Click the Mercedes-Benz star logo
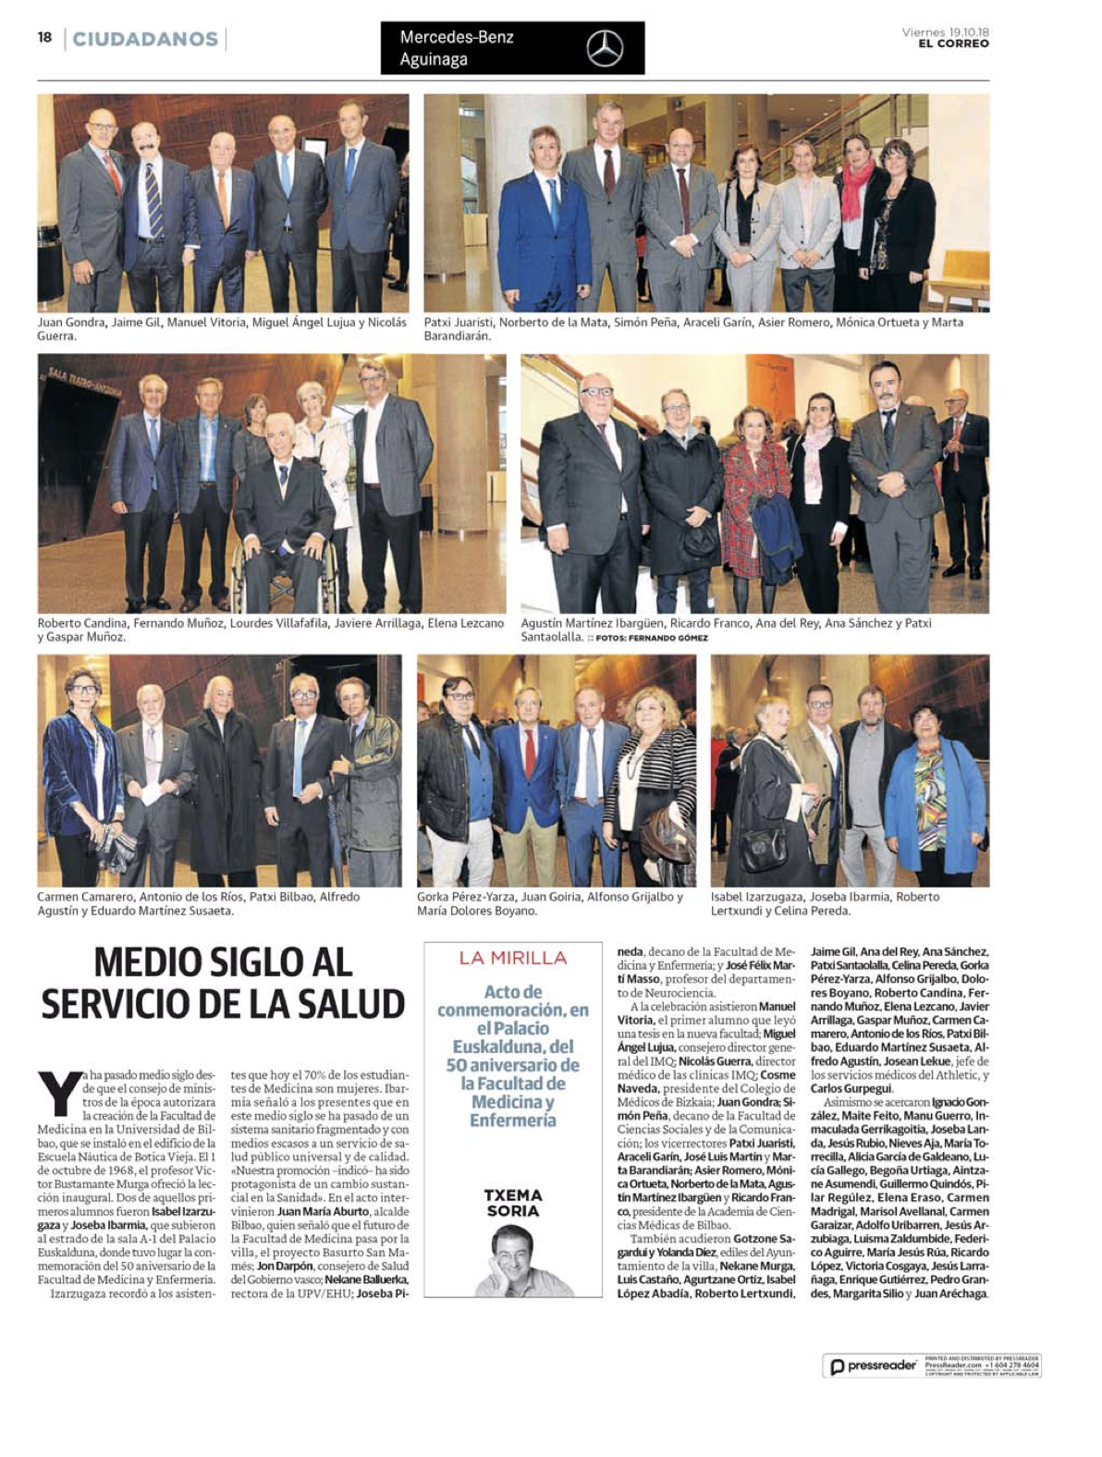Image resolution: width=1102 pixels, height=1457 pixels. (605, 48)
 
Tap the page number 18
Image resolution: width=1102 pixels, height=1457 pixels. (44, 37)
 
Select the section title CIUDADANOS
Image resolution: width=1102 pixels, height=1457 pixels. (145, 39)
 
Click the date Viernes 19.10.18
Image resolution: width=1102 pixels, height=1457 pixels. (945, 32)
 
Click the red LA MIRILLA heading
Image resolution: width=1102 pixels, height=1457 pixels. (513, 958)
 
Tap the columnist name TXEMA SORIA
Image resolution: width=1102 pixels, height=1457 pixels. (513, 1203)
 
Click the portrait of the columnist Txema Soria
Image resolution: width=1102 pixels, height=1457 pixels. (513, 1259)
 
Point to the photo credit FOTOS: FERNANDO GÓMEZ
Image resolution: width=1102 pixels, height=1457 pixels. (652, 638)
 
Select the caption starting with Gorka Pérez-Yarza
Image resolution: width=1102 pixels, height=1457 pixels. (550, 903)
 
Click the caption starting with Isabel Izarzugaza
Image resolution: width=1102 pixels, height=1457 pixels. (825, 903)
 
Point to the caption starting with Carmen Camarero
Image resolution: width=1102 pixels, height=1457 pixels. (199, 903)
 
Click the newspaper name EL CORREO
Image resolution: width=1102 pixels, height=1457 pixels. (953, 43)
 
